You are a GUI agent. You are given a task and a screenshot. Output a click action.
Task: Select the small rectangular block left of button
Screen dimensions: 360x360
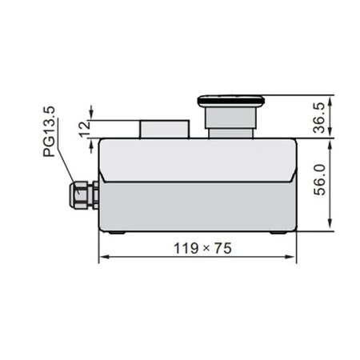pos(165,128)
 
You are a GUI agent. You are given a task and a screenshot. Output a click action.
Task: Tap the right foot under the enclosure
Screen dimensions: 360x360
pos(276,234)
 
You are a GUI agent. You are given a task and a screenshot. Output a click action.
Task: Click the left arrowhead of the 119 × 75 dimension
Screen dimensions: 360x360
pos(102,258)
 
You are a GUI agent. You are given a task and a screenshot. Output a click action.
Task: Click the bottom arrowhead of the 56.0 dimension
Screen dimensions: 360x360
pos(330,230)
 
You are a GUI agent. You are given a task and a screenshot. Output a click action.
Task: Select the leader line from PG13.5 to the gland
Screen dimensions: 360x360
pos(66,166)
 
